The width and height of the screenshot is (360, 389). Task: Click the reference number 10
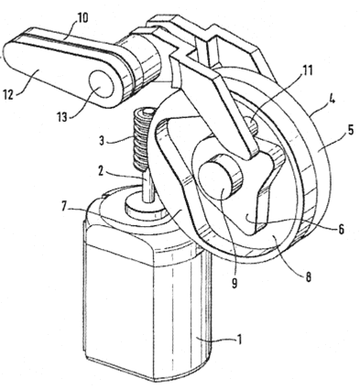point(82,17)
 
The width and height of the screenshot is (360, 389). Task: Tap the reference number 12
point(8,95)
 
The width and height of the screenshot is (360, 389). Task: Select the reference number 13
point(62,116)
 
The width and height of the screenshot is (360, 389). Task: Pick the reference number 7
point(64,207)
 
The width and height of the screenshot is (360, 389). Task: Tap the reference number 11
point(307,70)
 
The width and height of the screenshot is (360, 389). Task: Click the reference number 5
point(350,130)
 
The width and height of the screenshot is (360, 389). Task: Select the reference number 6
point(341,229)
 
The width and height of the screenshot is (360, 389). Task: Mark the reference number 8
point(308,277)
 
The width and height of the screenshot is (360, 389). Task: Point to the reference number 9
point(235,284)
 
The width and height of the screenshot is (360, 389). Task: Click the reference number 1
point(240,339)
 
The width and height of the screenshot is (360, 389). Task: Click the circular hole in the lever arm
point(102,83)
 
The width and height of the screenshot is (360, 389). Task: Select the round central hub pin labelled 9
point(220,180)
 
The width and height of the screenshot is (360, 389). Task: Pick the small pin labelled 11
point(253,124)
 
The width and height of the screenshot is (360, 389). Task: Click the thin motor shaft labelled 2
point(148,186)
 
